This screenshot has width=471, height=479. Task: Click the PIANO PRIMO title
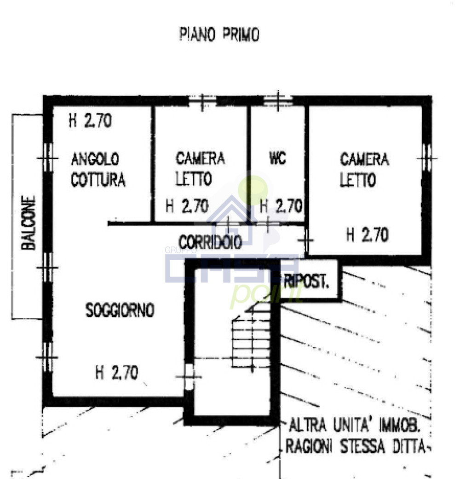coord(219,34)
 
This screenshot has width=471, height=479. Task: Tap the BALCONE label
coord(28,223)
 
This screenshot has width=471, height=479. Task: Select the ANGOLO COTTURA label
coord(98,169)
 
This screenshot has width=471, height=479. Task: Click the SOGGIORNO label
coord(120,310)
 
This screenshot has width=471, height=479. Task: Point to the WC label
coord(278,158)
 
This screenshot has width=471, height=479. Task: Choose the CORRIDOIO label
coord(210,242)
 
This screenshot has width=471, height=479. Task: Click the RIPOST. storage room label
coord(306,281)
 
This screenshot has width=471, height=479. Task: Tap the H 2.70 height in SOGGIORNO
coord(116,373)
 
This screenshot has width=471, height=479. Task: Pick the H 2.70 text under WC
coord(281,206)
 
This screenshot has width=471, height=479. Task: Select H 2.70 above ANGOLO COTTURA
coord(90,120)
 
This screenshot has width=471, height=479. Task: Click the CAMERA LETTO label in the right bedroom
coord(364,169)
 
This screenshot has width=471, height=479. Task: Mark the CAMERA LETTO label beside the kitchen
coord(200,169)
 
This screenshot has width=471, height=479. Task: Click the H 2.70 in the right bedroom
coord(368,235)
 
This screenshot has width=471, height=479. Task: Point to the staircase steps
coord(251,338)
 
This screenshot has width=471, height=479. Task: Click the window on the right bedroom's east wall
coord(426,158)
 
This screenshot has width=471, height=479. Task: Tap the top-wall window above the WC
coord(278,100)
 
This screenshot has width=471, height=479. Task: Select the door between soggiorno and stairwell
coord(189,377)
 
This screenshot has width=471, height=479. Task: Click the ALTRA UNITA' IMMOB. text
coord(354,425)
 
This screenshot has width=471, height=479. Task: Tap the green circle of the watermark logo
coord(253,190)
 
